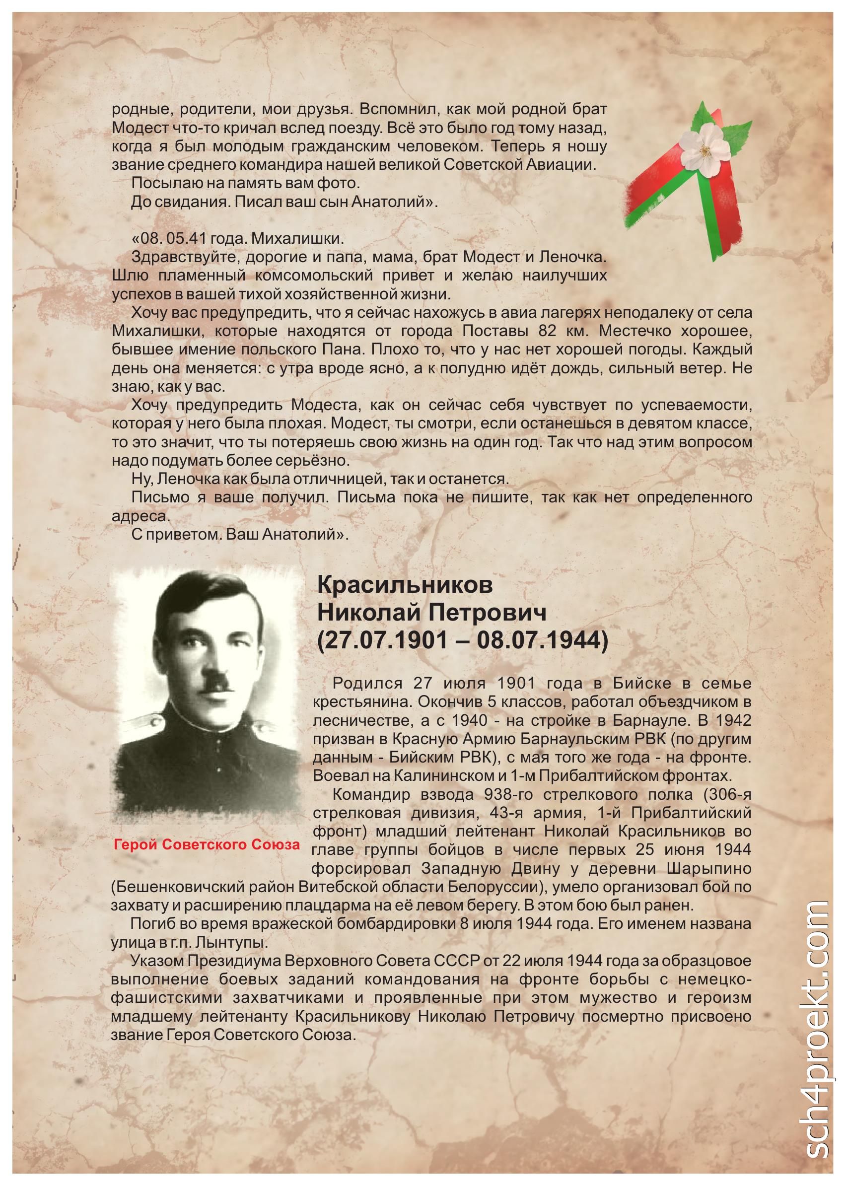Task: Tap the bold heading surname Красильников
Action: pyautogui.click(x=405, y=585)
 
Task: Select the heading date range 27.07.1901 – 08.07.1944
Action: pyautogui.click(x=463, y=641)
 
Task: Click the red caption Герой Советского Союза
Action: pyautogui.click(x=207, y=844)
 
